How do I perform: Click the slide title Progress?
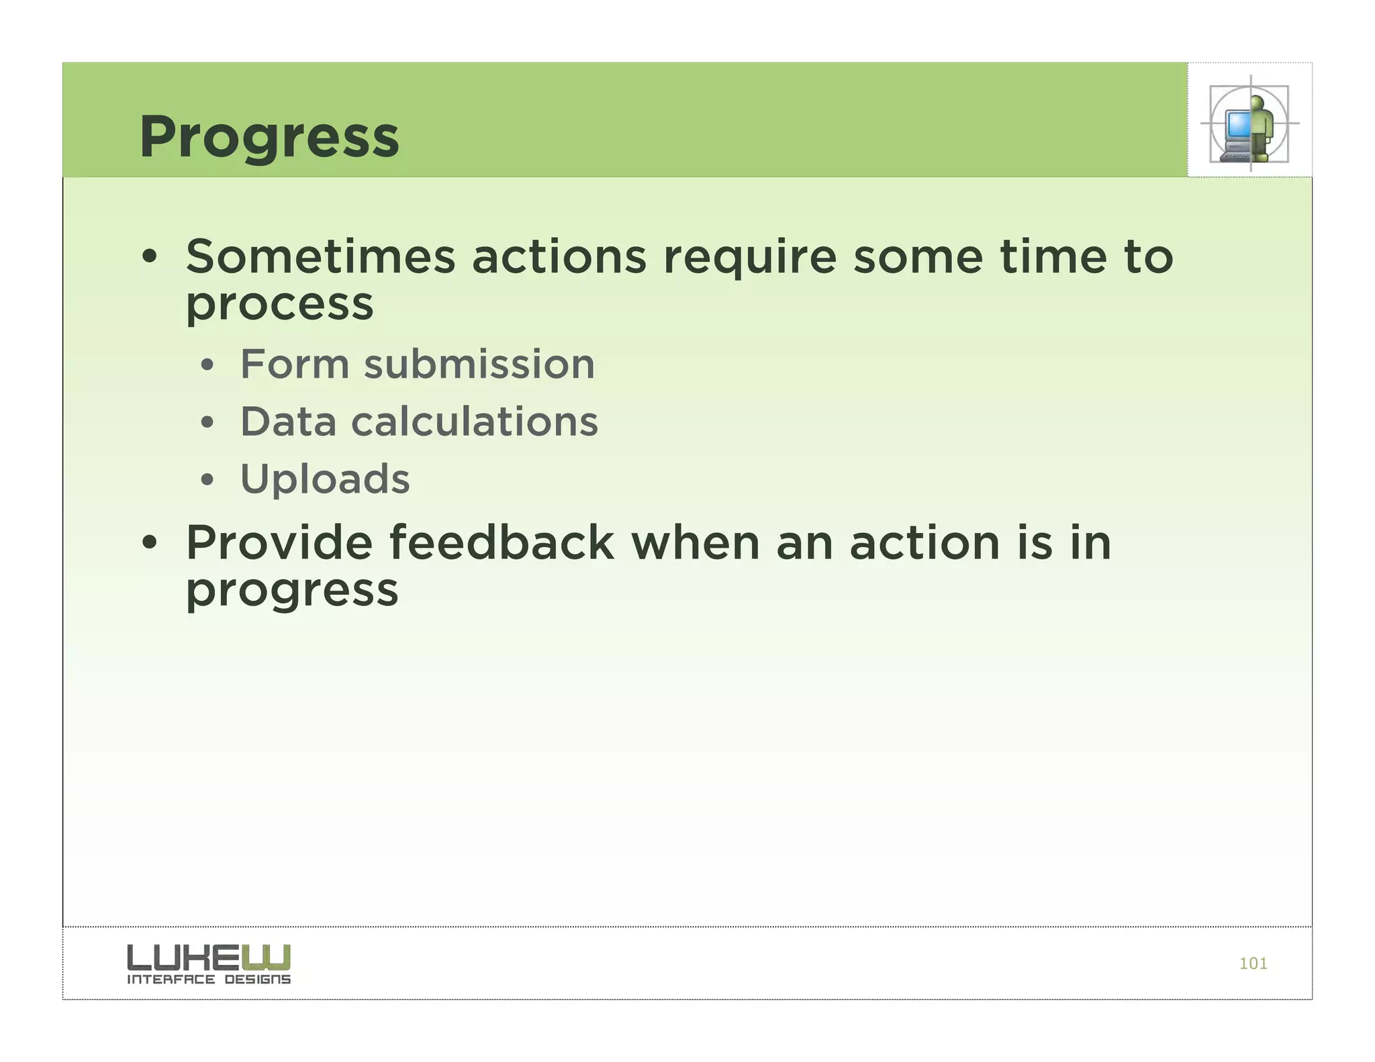tap(269, 137)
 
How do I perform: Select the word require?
tap(749, 258)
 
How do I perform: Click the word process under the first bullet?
tap(279, 305)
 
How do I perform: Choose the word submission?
tap(479, 365)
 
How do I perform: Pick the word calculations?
tap(474, 422)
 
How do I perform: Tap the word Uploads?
tap(325, 479)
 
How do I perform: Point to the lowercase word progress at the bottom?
tap(292, 591)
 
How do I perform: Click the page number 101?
tap(1253, 963)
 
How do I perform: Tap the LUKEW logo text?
tap(208, 957)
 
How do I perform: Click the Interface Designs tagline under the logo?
tap(208, 979)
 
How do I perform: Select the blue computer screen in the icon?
tap(1237, 124)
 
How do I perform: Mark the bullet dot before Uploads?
tap(207, 480)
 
